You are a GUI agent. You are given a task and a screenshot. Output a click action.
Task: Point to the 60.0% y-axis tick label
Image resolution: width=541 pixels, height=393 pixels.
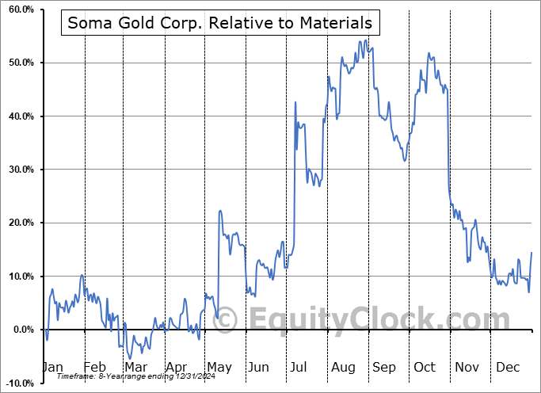tap(17, 10)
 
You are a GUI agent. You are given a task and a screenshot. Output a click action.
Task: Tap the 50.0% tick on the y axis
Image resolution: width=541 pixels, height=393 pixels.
tap(17, 63)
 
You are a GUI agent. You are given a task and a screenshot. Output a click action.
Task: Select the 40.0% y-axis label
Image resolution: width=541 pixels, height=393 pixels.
tap(17, 116)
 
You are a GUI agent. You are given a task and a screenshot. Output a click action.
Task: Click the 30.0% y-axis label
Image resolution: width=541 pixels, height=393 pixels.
tap(17, 170)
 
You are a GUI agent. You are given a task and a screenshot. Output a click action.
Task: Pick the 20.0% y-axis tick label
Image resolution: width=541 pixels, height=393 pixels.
tap(17, 223)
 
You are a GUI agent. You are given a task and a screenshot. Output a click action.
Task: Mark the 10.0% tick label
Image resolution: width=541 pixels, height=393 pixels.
tap(17, 277)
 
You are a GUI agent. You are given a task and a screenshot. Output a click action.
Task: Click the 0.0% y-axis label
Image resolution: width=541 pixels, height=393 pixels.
tap(20, 330)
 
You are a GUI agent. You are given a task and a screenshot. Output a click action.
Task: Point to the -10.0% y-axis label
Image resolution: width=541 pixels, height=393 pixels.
tap(17, 383)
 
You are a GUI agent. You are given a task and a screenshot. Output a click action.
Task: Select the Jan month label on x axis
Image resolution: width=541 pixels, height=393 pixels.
tap(52, 367)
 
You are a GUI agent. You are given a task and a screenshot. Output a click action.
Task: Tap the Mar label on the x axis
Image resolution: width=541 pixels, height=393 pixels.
tap(135, 367)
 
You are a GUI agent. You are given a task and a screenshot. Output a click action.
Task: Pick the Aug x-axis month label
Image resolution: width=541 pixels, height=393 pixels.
tap(342, 367)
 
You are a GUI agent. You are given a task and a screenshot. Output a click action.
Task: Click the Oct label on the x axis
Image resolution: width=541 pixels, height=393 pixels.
tap(425, 367)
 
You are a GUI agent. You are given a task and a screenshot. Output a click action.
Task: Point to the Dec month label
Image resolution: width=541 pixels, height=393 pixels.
tap(507, 367)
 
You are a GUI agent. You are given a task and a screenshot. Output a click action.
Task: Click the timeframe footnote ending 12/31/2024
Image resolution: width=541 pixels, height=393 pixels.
tap(131, 376)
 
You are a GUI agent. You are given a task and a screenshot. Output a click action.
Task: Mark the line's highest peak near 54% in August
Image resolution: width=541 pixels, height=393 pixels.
tap(365, 40)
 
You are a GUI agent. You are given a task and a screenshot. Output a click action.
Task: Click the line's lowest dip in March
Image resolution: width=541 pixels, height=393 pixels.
tap(129, 358)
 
